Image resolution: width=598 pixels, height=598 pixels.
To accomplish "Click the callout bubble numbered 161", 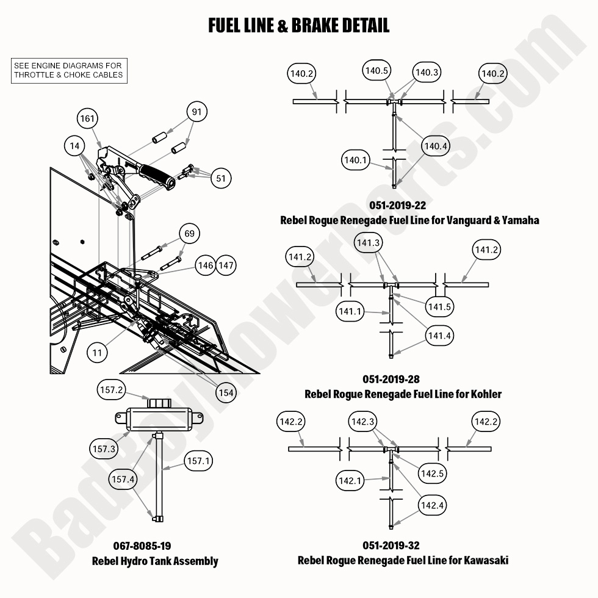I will (x=88, y=118).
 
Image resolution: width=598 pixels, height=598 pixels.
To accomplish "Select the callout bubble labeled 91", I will (x=196, y=112).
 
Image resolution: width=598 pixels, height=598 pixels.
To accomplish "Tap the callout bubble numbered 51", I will (x=221, y=178).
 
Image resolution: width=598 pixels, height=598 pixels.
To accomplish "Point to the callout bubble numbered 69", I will (x=189, y=234).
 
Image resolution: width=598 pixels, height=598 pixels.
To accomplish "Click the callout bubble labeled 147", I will (x=226, y=265).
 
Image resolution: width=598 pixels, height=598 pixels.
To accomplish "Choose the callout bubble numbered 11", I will (x=98, y=352).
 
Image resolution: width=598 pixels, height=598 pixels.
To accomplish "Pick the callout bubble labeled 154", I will (x=226, y=393).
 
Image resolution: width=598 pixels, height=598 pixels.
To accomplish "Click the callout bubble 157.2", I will (x=112, y=389).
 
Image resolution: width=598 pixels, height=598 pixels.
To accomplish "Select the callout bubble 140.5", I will (x=376, y=71).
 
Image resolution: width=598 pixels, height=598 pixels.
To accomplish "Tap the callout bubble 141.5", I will (x=439, y=306).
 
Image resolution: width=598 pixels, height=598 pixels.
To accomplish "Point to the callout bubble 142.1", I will (x=350, y=481).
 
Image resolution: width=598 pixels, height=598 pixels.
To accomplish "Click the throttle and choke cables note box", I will (x=68, y=70).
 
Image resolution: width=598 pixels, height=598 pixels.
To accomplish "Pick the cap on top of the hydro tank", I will (x=160, y=403).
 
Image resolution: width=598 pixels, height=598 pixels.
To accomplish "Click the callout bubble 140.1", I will (x=356, y=160).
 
